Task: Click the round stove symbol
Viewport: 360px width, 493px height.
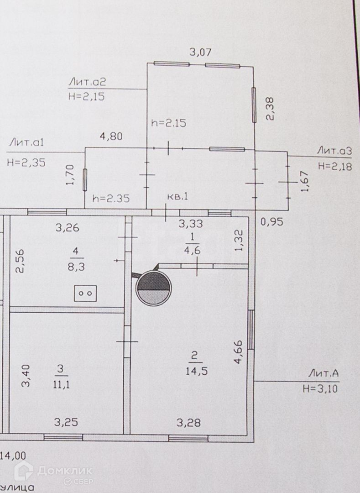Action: (x=154, y=288)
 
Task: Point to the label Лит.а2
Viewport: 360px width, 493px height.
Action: (x=88, y=82)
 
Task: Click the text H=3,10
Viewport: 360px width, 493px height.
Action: (x=321, y=389)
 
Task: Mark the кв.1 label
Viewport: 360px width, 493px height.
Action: (x=178, y=197)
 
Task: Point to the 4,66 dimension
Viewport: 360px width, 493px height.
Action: (x=238, y=352)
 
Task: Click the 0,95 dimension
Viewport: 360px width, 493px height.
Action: (x=272, y=222)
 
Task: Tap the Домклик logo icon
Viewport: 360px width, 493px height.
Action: (x=23, y=471)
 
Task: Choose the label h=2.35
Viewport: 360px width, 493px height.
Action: (x=111, y=199)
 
